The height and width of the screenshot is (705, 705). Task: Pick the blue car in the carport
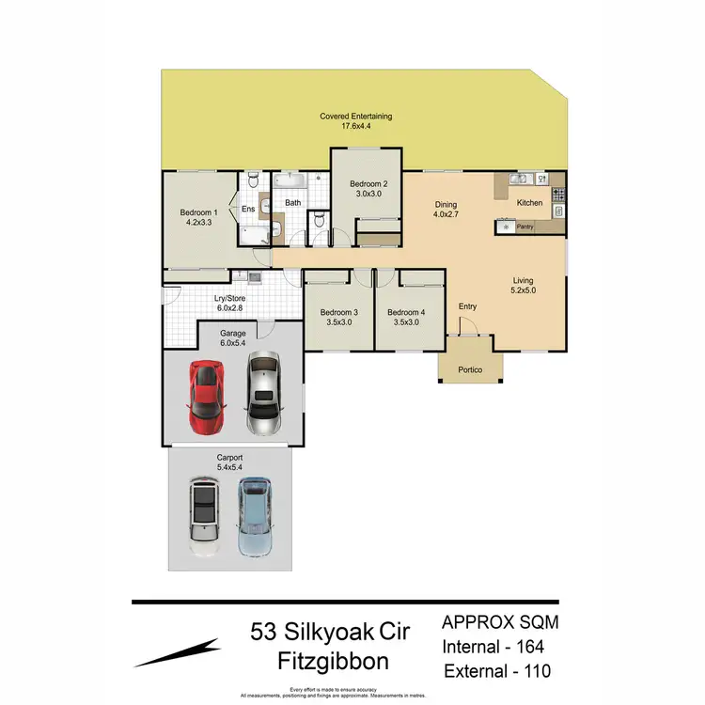point(254,516)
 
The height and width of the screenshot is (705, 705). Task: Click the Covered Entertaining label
point(355,122)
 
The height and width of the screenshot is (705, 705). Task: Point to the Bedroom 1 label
point(199,218)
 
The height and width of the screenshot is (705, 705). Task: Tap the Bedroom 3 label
point(337,318)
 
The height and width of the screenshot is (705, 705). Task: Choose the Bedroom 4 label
point(405,318)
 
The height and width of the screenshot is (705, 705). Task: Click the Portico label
point(469,369)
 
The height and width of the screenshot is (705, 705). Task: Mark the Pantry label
point(525,227)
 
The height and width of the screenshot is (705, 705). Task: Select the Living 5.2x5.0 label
point(523,286)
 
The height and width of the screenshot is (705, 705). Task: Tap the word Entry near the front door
point(467,306)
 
